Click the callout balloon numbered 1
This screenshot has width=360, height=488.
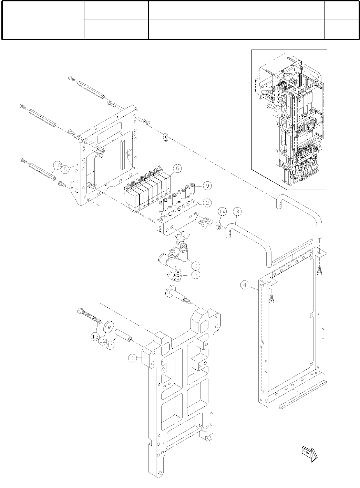click(132, 358)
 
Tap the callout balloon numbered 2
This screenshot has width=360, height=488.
click(207, 203)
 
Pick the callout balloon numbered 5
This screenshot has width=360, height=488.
click(65, 169)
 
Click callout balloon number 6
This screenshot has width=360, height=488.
click(177, 168)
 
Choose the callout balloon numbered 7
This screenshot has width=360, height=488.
click(196, 275)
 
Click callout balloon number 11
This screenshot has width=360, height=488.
click(110, 345)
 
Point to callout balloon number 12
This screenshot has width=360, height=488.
click(102, 341)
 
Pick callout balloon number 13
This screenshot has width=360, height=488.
click(95, 336)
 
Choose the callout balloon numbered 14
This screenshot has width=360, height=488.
click(222, 211)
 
